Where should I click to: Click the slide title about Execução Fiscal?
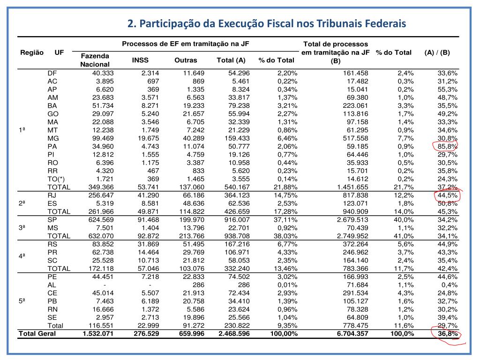[267, 23]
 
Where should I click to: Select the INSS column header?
[140, 60]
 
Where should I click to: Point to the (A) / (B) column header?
[437, 52]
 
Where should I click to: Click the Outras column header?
[186, 60]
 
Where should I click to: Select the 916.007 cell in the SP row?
[237, 219]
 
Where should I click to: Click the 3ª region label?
[22, 227]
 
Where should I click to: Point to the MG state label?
[52, 139]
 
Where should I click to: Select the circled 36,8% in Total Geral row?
[447, 334]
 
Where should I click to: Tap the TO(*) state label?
[56, 179]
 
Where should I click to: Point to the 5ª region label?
[22, 301]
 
